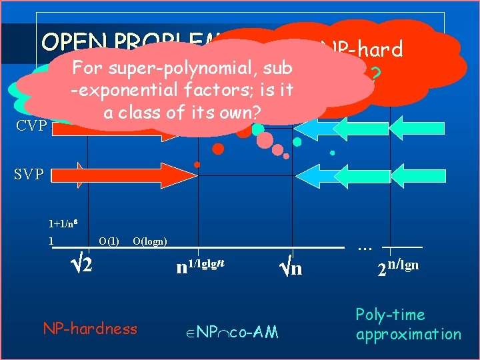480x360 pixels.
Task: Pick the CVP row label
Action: [31, 125]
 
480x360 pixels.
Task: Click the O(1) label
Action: [109, 241]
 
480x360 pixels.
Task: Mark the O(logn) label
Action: [150, 241]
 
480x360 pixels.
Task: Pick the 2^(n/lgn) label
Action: [397, 267]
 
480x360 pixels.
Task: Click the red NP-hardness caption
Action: [89, 328]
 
